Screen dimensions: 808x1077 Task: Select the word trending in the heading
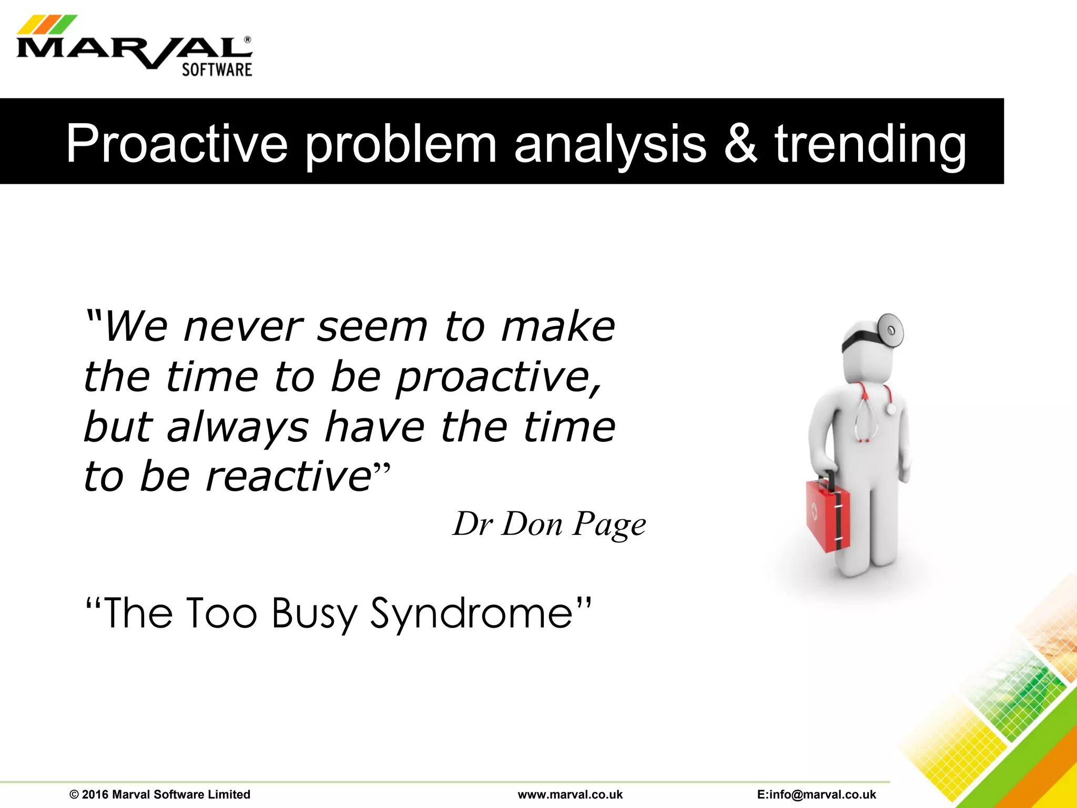coord(870,144)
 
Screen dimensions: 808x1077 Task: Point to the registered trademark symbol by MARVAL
coord(248,39)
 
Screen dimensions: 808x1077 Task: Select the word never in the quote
coord(243,327)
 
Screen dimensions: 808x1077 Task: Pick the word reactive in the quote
coord(289,477)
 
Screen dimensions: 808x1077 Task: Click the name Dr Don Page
coord(549,524)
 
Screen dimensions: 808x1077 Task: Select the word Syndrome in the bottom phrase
coord(471,613)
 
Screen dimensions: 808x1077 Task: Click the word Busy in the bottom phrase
coord(314,613)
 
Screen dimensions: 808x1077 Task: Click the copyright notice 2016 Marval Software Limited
coord(160,794)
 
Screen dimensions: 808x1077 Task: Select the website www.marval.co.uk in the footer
coord(570,794)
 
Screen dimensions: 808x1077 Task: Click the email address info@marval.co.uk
coord(816,794)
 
